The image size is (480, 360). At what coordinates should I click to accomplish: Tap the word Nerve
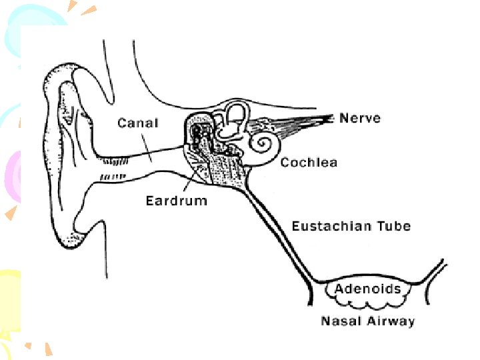point(360,118)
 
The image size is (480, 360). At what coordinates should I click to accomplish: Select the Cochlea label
point(309,163)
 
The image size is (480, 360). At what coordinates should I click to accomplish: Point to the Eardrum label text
point(176,201)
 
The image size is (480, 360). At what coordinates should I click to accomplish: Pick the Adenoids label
point(367,289)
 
